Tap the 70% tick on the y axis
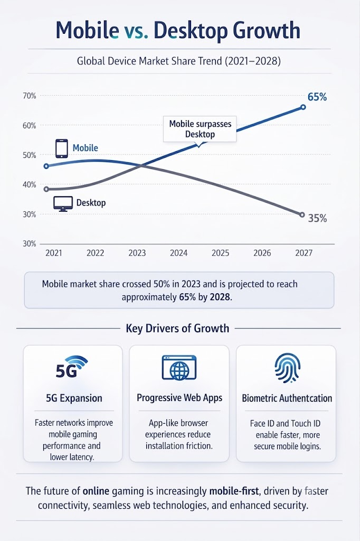[x=30, y=96]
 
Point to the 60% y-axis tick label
[x=30, y=126]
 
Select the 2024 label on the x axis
[x=178, y=253]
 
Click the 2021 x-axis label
[x=54, y=253]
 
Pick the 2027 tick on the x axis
[x=304, y=253]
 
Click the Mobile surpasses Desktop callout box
[x=200, y=129]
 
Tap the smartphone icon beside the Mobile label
[x=62, y=148]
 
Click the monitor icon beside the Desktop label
[x=63, y=203]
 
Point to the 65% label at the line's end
[x=317, y=97]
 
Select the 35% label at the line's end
[x=317, y=218]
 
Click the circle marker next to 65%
[x=303, y=107]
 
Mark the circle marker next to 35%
[x=302, y=214]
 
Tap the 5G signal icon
[x=72, y=367]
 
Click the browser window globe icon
[x=179, y=368]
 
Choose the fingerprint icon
[x=288, y=368]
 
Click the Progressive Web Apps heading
[x=179, y=398]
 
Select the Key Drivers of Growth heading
[x=177, y=328]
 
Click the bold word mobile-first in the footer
[x=234, y=491]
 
